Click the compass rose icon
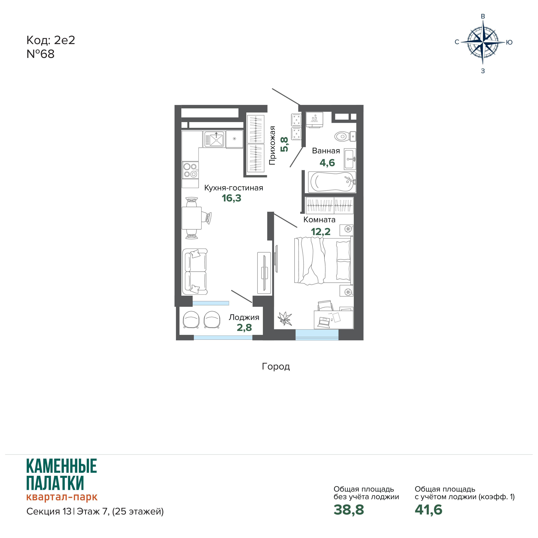[483, 42]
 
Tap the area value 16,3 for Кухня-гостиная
[231, 198]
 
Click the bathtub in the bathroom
[332, 182]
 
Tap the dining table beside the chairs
[192, 218]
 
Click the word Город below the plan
[276, 367]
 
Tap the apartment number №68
[40, 54]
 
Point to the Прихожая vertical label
[272, 145]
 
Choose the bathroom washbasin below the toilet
[350, 159]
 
